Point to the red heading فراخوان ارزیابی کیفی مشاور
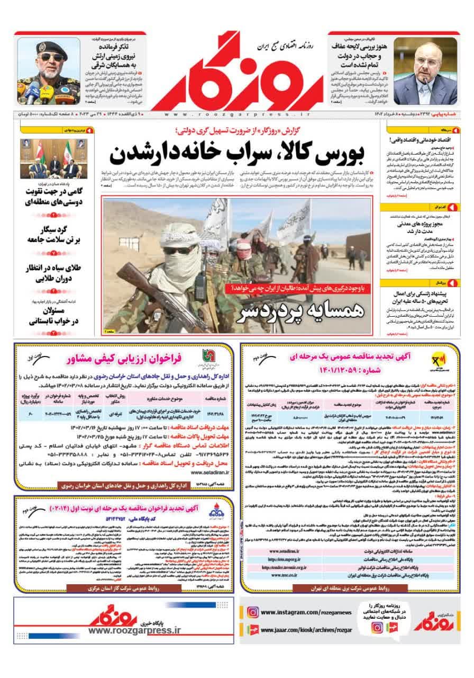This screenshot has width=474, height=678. [x=124, y=360]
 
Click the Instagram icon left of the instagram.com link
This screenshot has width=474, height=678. [x=253, y=612]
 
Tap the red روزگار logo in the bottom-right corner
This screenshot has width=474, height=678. [x=436, y=620]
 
